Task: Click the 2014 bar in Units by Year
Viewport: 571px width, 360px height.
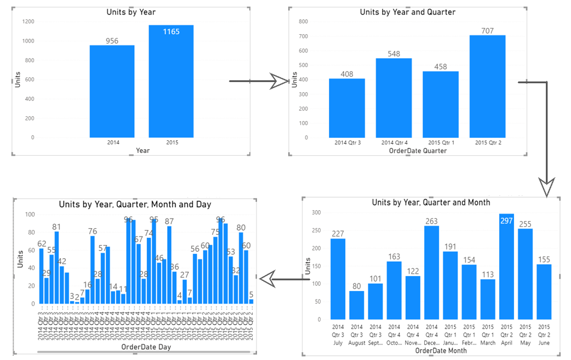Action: pos(112,91)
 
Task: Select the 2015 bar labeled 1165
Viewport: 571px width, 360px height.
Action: pos(171,81)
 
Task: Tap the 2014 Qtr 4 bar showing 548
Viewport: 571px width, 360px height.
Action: pos(394,98)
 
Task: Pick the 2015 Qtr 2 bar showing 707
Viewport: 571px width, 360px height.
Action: pos(487,86)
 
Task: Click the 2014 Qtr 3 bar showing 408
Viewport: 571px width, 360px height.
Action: pos(347,108)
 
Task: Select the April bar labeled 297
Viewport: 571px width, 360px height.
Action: pos(506,267)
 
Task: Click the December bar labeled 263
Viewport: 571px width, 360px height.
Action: pos(431,273)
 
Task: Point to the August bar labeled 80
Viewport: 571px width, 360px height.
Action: pos(357,305)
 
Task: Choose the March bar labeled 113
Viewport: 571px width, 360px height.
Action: pos(488,299)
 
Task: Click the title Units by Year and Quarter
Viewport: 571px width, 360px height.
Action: pos(407,12)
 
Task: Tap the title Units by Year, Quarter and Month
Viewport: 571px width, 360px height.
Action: pos(431,202)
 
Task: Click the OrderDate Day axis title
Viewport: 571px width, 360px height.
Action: pos(146,346)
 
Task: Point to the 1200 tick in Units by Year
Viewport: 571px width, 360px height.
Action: pos(28,22)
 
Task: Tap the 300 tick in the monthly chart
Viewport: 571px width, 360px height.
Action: pos(316,213)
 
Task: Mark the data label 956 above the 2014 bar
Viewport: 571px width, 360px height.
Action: pos(112,41)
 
